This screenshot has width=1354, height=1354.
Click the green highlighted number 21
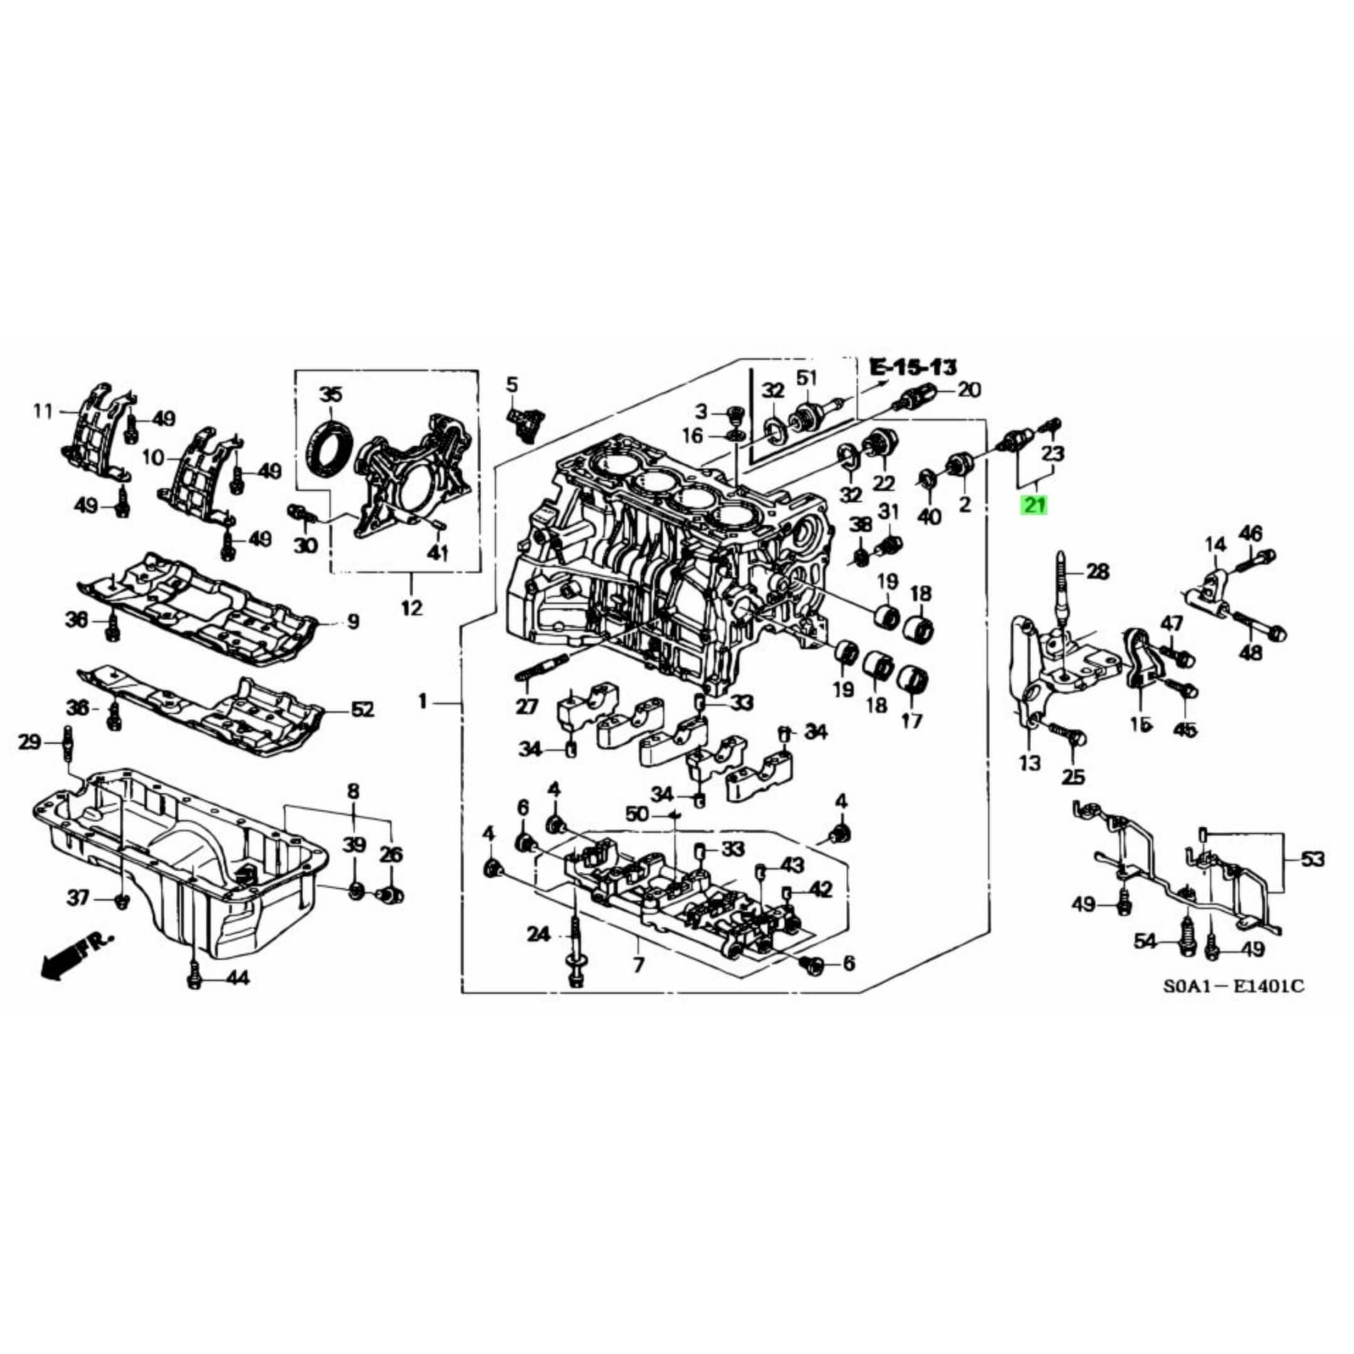(x=1034, y=505)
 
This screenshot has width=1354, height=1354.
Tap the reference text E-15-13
(x=913, y=367)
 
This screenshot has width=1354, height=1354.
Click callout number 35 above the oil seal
(x=331, y=394)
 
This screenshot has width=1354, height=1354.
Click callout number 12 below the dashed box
(x=411, y=608)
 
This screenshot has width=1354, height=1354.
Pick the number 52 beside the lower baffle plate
(x=362, y=710)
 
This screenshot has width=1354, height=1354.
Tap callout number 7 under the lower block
(x=638, y=964)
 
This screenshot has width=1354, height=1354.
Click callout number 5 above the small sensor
(x=512, y=384)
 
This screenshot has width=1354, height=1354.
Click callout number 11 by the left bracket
(x=43, y=411)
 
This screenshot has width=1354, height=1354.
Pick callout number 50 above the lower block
(x=638, y=814)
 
